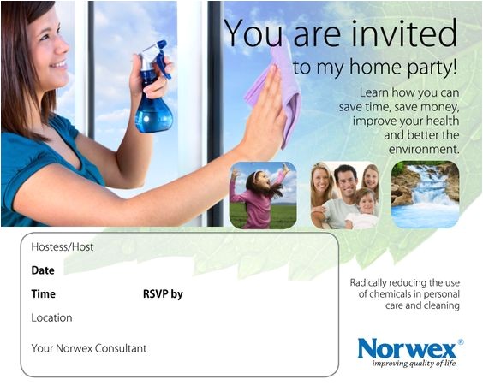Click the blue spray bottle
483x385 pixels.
point(154,107)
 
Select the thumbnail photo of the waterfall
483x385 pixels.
point(425,194)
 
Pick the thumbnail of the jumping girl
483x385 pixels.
point(263,195)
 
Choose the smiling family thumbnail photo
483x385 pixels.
point(344,195)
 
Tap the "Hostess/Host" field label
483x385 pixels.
point(63,247)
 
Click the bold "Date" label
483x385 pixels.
point(43,270)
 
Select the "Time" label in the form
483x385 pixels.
point(44,294)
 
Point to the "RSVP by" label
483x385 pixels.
point(163,294)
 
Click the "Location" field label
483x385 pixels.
point(51,317)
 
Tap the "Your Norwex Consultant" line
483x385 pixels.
point(89,348)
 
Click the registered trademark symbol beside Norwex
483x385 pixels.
point(460,341)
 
